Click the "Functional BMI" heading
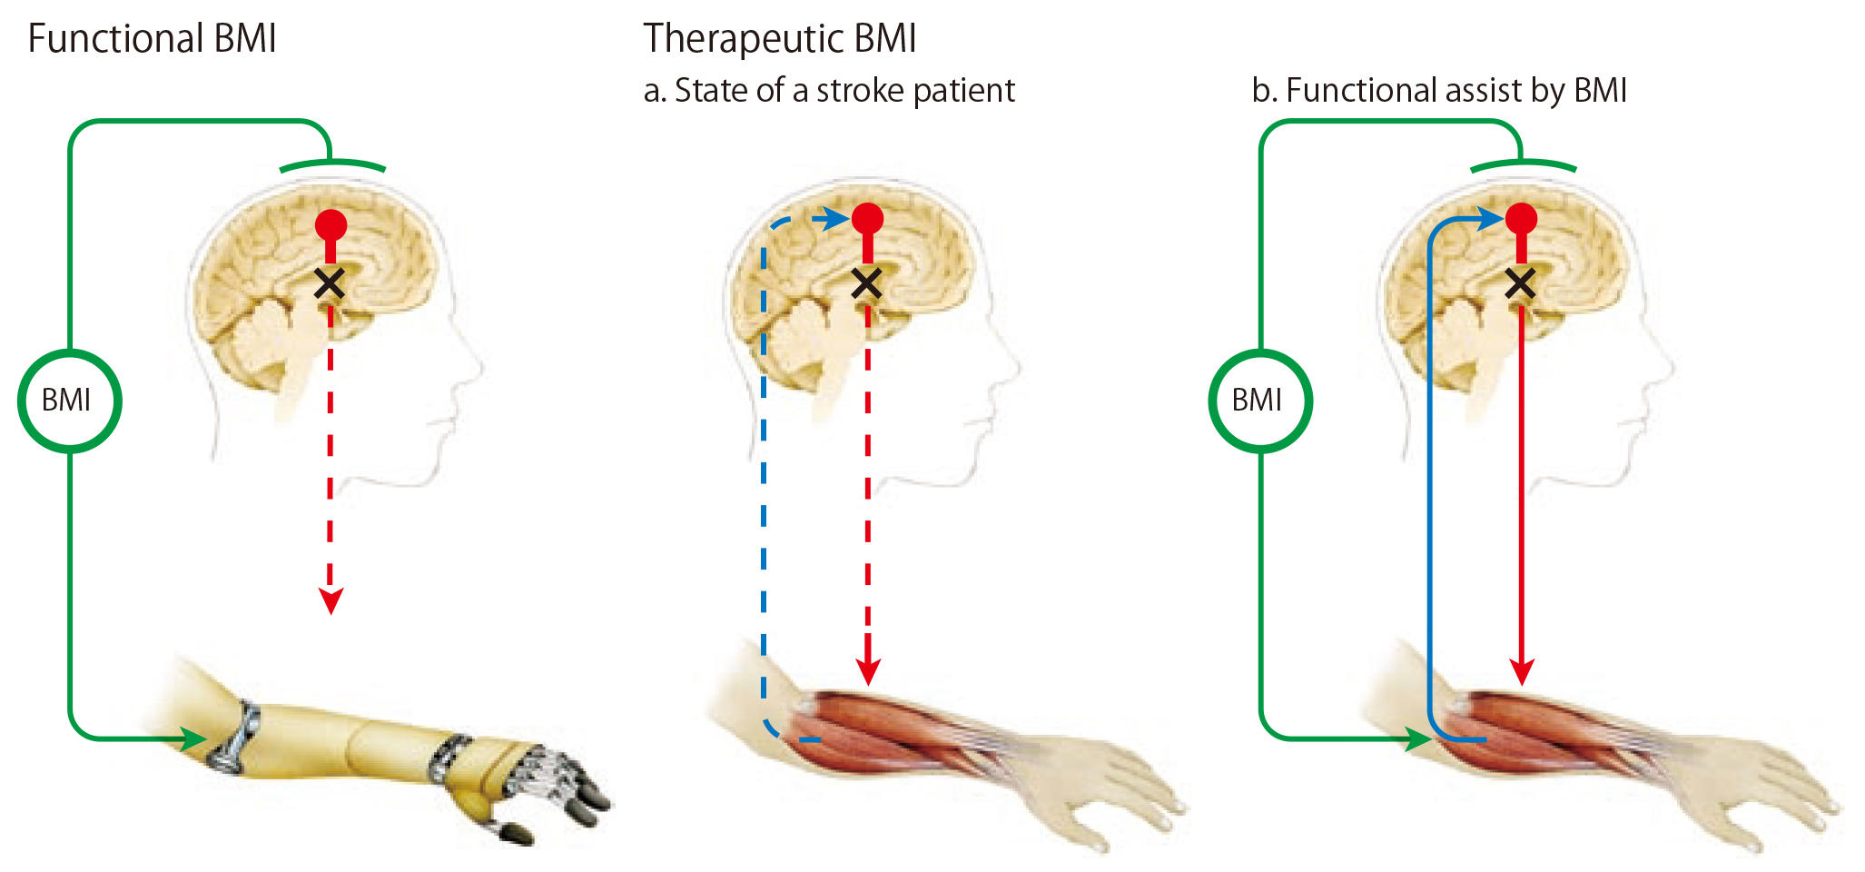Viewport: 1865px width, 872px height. pos(152,39)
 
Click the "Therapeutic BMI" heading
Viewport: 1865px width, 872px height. pos(779,39)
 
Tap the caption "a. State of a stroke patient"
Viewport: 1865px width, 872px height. pos(828,91)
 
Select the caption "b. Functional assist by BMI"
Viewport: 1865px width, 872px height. pos(1438,91)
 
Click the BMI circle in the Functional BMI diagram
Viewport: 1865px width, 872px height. pos(69,401)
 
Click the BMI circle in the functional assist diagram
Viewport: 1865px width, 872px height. pos(1259,401)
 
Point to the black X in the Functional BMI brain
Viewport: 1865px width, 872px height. pos(329,283)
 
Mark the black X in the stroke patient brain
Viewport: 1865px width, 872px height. pos(867,283)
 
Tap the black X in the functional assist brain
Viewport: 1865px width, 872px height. pos(1520,283)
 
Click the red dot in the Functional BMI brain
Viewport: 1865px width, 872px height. pos(331,224)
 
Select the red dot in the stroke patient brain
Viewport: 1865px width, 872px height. pos(868,219)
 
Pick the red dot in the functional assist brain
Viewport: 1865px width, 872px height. pos(1521,219)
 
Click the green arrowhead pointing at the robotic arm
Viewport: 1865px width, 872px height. pos(194,738)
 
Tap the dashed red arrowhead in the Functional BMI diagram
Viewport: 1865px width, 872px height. pos(331,600)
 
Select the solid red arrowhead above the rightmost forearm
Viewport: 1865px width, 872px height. pos(1521,672)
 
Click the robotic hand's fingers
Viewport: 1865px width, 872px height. pos(563,790)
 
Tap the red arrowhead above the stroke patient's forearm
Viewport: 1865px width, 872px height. pos(868,672)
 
